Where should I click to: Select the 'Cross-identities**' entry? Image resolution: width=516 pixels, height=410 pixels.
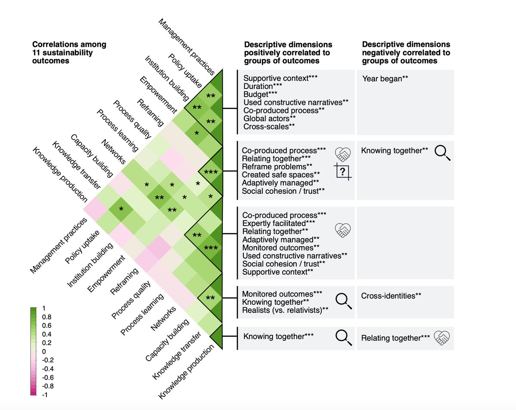click(x=390, y=296)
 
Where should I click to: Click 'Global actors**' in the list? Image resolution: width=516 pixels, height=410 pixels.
click(x=269, y=118)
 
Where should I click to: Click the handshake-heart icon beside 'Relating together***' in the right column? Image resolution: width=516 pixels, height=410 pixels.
click(x=442, y=338)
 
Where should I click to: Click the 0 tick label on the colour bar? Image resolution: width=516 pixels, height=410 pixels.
click(x=43, y=352)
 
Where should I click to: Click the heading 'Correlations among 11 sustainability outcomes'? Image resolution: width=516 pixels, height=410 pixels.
click(x=69, y=52)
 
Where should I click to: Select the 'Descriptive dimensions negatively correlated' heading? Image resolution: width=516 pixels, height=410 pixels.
click(x=406, y=52)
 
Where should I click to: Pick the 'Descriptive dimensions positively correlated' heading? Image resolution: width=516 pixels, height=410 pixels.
click(x=288, y=52)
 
